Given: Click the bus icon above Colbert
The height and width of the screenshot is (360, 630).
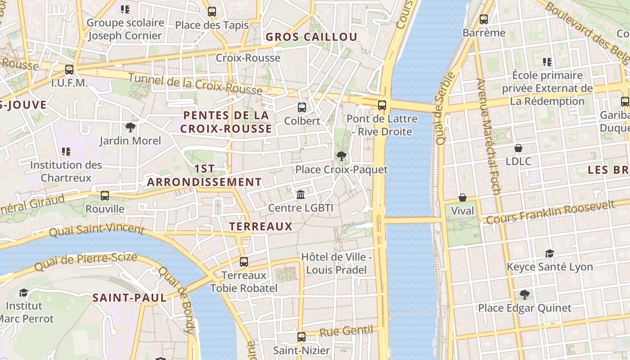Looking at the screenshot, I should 302,108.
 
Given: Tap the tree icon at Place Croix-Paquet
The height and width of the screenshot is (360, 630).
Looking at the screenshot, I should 342,156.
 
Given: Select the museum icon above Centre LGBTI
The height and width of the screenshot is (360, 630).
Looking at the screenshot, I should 301,194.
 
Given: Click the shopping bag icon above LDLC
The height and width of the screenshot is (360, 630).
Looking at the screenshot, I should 518,148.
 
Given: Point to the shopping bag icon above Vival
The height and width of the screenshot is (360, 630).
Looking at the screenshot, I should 463,198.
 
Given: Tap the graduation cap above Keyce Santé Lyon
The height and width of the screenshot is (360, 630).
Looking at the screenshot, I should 549,253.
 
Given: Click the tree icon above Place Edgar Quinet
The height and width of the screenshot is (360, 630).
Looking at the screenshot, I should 524,295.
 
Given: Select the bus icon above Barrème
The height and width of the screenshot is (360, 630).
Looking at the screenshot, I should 484,19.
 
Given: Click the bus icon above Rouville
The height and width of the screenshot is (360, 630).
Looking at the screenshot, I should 105,196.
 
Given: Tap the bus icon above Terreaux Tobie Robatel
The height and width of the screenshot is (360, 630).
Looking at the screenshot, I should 244,261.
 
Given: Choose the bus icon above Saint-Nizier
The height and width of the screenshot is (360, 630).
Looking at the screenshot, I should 301,337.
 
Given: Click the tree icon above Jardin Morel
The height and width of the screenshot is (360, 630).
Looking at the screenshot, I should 130,127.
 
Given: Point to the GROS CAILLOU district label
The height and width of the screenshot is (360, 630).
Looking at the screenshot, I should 311,37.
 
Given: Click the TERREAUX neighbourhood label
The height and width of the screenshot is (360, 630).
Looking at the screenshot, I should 261,226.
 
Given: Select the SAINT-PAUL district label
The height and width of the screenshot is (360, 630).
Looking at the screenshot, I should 130,297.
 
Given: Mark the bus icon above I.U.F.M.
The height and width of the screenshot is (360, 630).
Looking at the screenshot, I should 69,70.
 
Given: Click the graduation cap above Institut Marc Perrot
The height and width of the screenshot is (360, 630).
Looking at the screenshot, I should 23,293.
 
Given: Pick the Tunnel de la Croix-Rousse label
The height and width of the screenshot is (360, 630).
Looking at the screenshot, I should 195,84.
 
